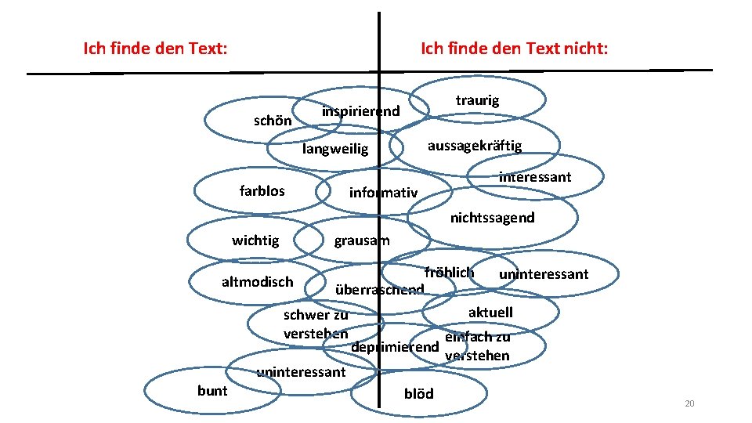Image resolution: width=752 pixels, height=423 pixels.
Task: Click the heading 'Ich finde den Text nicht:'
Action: click(x=514, y=49)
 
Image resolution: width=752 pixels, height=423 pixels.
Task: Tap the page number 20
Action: click(x=689, y=403)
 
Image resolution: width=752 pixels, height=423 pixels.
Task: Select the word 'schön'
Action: click(x=273, y=121)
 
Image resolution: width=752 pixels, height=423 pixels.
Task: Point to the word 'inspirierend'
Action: click(x=360, y=111)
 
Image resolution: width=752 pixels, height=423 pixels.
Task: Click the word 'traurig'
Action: click(x=477, y=100)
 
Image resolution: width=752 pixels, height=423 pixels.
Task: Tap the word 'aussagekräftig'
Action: click(x=474, y=146)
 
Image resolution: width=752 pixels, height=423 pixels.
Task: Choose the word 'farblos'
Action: click(x=262, y=190)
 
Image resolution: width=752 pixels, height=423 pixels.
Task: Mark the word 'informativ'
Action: click(x=383, y=193)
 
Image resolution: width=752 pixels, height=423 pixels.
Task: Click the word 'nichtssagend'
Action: click(x=492, y=218)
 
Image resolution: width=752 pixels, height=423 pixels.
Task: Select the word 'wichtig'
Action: click(x=255, y=240)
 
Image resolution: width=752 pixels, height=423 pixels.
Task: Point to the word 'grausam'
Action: click(x=361, y=240)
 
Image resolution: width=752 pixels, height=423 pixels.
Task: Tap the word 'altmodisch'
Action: click(x=257, y=281)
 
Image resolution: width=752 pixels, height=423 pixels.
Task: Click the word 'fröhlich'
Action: click(x=449, y=273)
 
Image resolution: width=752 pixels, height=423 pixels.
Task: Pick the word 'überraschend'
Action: click(x=379, y=290)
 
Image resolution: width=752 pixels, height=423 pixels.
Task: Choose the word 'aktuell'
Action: click(x=490, y=313)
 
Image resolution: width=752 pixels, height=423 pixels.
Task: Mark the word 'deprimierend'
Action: click(x=395, y=347)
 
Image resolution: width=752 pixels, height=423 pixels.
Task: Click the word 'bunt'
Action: click(x=212, y=390)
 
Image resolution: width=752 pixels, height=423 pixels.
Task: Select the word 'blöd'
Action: click(x=418, y=393)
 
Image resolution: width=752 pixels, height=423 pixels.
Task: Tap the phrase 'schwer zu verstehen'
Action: click(x=316, y=324)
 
